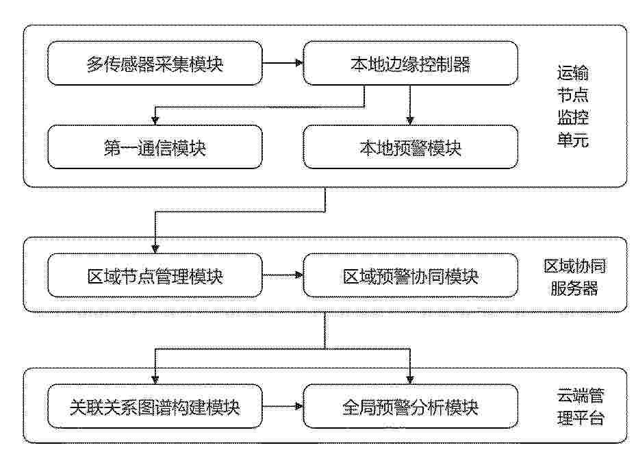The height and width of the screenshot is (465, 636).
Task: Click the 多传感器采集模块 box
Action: pos(155,63)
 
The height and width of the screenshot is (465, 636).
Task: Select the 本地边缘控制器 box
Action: pos(411,63)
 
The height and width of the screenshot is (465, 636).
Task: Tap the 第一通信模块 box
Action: pos(155,147)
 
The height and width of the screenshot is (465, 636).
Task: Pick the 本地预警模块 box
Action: pos(411,147)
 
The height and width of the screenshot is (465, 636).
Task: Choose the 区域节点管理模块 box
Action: pos(155,275)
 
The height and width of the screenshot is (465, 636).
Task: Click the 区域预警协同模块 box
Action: pos(411,275)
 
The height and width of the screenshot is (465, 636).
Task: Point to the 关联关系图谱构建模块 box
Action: pos(155,406)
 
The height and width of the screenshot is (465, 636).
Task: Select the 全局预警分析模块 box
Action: pos(411,406)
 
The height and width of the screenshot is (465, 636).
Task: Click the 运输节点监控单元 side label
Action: pos(573,106)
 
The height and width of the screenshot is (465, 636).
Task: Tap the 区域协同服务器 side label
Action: pos(575,277)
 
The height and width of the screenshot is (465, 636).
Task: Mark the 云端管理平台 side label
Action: pos(581,407)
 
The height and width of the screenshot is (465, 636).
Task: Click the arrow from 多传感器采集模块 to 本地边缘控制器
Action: pos(283,63)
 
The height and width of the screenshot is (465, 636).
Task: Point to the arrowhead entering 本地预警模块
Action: pos(410,121)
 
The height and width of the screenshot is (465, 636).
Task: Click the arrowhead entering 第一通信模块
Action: pos(155,121)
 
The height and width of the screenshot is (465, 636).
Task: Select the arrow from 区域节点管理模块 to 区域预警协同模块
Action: pos(283,275)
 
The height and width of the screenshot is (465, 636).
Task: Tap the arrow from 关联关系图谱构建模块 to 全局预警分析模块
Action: pos(283,405)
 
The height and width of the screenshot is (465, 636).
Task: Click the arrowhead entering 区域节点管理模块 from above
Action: pos(155,249)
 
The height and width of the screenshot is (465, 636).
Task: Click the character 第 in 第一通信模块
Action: pos(112,148)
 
